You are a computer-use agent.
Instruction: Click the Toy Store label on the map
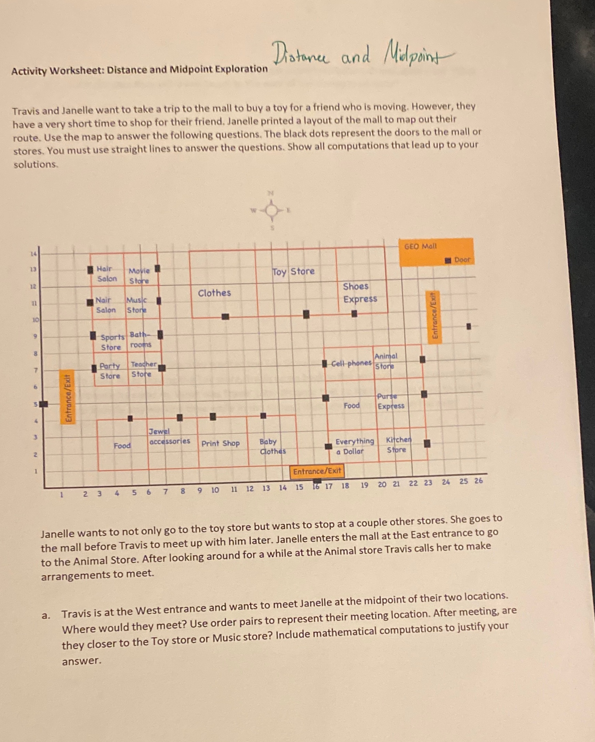(293, 272)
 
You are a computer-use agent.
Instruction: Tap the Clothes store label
(214, 293)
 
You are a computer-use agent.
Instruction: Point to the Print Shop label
(220, 443)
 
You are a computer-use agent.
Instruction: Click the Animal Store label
(386, 361)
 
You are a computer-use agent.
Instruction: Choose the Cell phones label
(351, 363)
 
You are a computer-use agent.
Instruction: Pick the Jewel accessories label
(169, 437)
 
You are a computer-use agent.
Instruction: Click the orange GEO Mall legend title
(420, 246)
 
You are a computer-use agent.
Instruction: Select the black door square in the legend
(448, 260)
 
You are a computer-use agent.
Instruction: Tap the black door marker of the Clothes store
(225, 316)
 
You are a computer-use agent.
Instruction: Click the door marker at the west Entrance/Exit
(44, 404)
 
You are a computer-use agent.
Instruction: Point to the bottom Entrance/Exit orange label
(317, 471)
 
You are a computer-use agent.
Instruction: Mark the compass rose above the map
(272, 210)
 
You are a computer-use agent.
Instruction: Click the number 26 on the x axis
(478, 481)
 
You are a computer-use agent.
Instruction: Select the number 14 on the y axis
(33, 254)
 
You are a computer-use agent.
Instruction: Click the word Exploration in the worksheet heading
(241, 69)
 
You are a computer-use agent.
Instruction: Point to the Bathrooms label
(140, 339)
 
